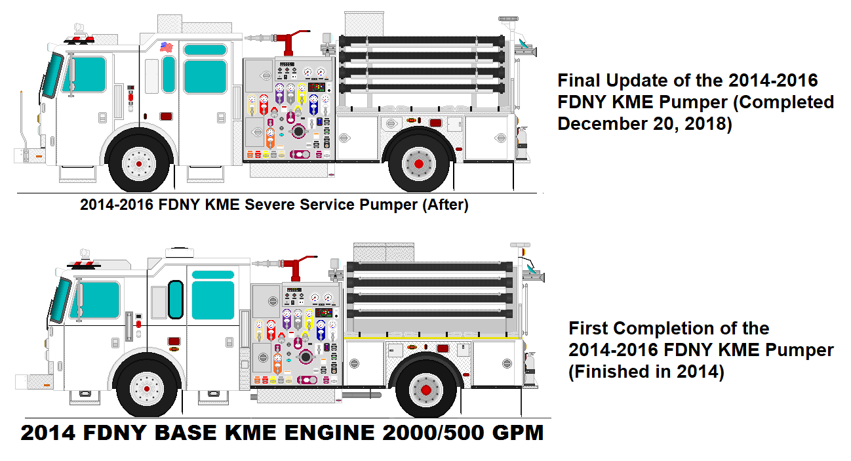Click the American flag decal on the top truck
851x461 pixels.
165,47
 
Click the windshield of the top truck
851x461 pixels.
54,76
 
